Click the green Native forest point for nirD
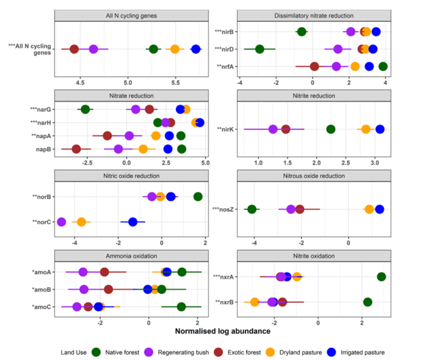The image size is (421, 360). tap(259, 49)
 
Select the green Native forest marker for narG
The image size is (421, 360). tap(85, 109)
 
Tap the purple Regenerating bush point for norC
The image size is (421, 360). tap(61, 222)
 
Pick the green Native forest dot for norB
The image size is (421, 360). tap(198, 196)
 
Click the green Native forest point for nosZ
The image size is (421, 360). tap(252, 209)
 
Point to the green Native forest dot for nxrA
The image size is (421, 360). tap(382, 277)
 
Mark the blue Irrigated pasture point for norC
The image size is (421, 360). tap(133, 222)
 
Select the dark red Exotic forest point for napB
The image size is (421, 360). tap(76, 149)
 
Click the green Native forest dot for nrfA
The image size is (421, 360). tap(383, 66)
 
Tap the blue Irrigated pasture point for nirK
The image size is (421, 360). tap(380, 129)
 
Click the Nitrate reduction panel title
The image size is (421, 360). tap(131, 95)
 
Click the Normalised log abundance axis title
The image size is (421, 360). tap(222, 331)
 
